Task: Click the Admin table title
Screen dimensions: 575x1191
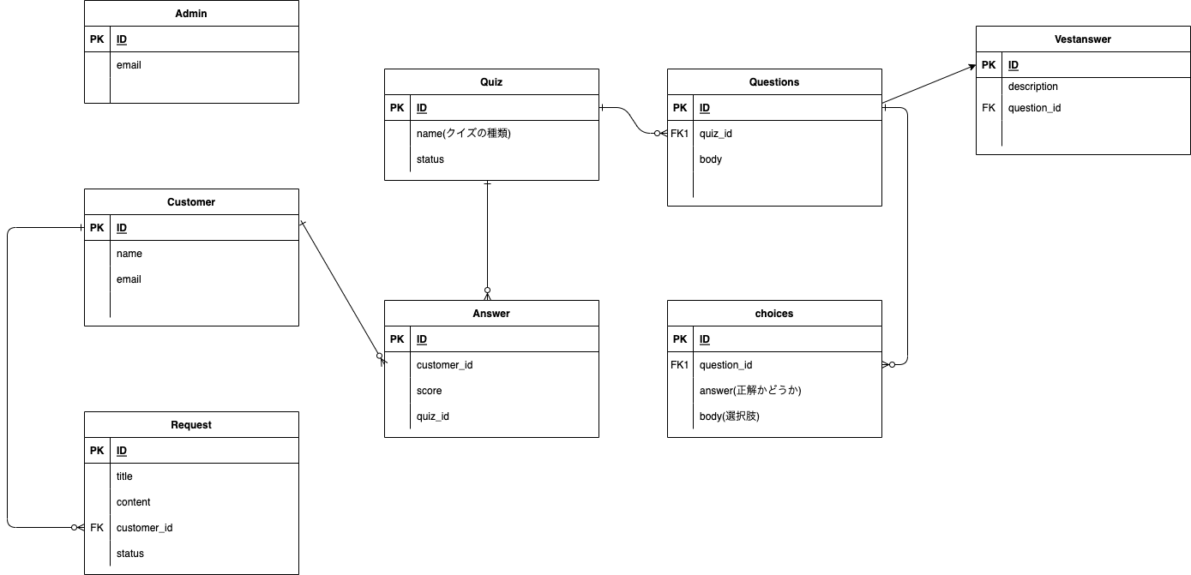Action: click(x=191, y=14)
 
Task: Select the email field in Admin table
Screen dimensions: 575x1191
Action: click(x=129, y=65)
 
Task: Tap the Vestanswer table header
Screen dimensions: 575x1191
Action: click(x=1082, y=39)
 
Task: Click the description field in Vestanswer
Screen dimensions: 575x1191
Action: click(x=1032, y=87)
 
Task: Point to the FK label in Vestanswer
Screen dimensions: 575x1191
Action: click(x=989, y=108)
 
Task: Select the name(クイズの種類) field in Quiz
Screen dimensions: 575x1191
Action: click(x=463, y=134)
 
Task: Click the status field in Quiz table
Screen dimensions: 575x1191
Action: click(x=430, y=159)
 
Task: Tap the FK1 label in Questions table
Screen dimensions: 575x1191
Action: click(x=680, y=134)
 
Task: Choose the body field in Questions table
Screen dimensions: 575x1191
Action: click(x=711, y=159)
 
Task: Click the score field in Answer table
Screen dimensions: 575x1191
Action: click(x=430, y=391)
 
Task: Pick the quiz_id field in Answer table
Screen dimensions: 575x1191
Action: click(x=433, y=416)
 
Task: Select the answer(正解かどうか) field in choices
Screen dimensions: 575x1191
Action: click(x=750, y=391)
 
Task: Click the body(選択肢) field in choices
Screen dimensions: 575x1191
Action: click(x=730, y=416)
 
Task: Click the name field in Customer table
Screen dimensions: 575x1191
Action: click(x=129, y=254)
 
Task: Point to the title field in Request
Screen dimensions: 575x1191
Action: click(x=124, y=476)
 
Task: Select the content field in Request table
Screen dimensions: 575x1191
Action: click(x=134, y=502)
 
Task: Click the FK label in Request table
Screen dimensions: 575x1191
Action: click(x=97, y=528)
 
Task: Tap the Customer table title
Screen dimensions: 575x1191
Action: click(x=191, y=202)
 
